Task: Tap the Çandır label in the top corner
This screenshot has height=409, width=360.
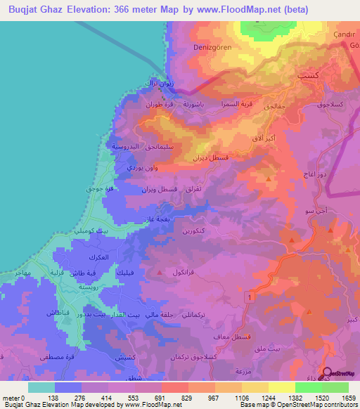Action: click(x=346, y=34)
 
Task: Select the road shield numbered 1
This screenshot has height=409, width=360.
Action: click(x=248, y=298)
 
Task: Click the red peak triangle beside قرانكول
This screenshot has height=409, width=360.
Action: click(x=161, y=272)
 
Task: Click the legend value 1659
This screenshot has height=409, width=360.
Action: click(x=349, y=397)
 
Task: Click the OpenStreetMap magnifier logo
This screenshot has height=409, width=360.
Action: click(x=329, y=375)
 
